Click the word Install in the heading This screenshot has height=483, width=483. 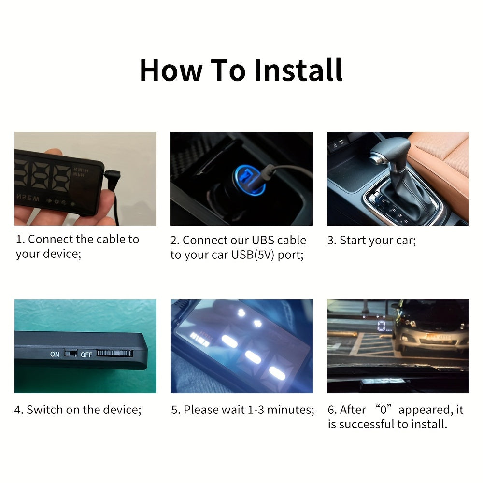tap(298, 70)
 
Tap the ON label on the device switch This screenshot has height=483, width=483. tap(55, 354)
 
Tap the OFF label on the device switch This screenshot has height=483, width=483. tap(86, 355)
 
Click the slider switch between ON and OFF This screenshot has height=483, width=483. tap(71, 354)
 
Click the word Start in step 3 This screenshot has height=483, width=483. tap(354, 240)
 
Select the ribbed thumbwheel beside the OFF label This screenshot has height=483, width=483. tap(114, 353)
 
